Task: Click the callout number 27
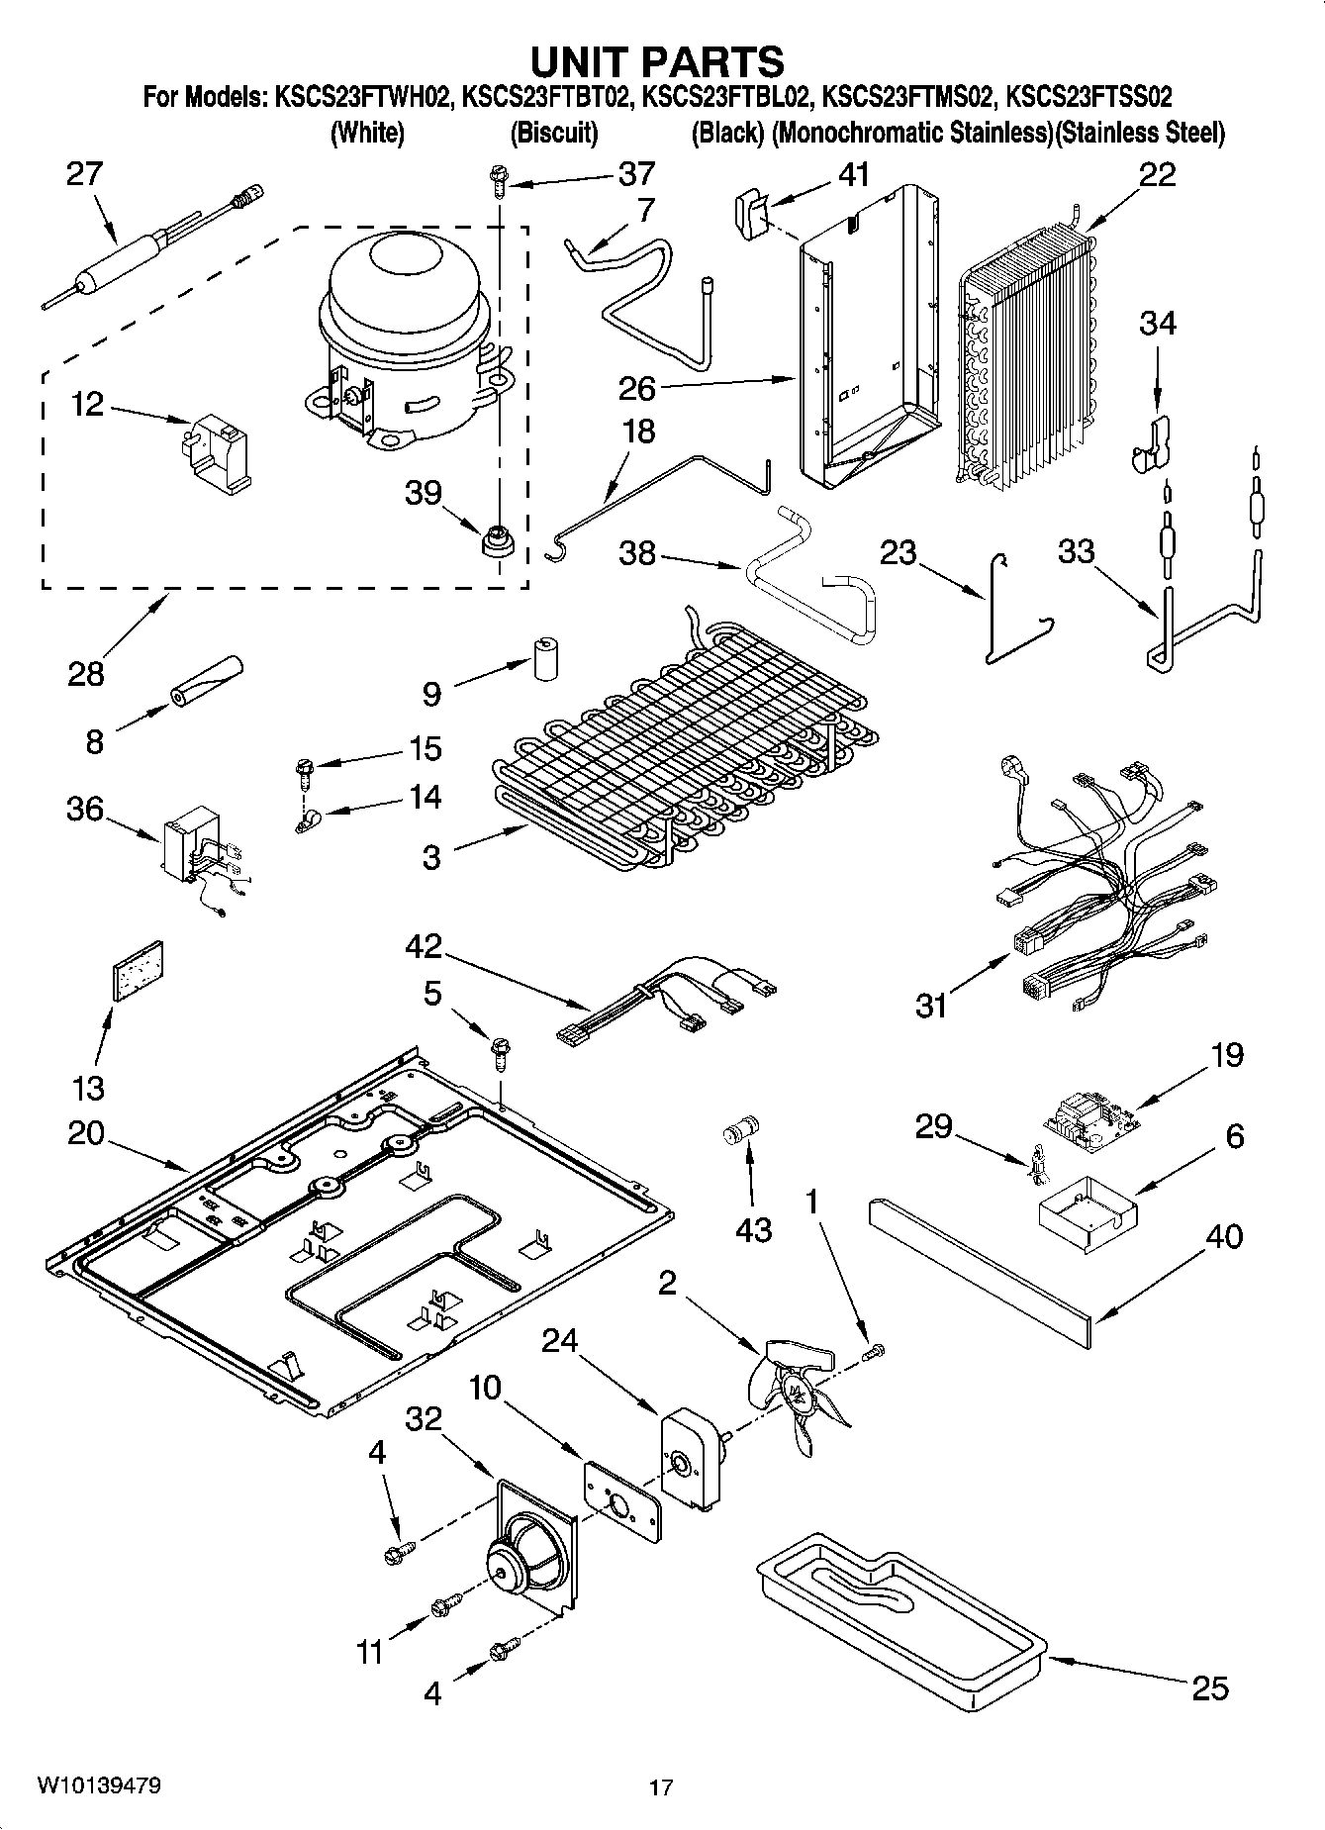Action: pos(84,174)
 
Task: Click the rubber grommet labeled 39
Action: pos(498,541)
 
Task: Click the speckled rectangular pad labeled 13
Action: pos(137,971)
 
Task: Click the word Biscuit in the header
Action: pos(553,133)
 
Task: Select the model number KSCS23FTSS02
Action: pos(1088,97)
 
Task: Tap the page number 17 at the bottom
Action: pos(661,1787)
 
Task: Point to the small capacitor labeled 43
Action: pos(741,1131)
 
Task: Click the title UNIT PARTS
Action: pos(657,61)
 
